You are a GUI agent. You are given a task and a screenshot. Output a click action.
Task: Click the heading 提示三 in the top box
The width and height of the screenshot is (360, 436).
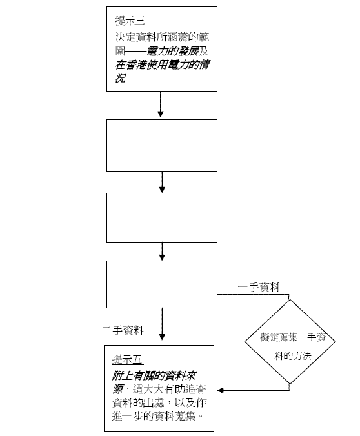pyautogui.click(x=131, y=21)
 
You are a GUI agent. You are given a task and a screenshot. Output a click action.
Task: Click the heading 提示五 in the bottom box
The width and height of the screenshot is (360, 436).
pyautogui.click(x=128, y=359)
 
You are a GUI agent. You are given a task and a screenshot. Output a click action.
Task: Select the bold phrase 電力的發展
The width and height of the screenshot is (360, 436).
pyautogui.click(x=173, y=51)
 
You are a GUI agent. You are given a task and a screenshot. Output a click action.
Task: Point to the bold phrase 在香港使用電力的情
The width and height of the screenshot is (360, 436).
pyautogui.click(x=163, y=64)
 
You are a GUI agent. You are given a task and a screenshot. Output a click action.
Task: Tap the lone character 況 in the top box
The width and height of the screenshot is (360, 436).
pyautogui.click(x=121, y=78)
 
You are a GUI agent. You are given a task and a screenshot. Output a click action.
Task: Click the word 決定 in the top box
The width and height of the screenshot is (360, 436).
pyautogui.click(x=125, y=37)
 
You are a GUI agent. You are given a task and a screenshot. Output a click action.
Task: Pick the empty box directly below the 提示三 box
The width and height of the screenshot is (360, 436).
pyautogui.click(x=162, y=145)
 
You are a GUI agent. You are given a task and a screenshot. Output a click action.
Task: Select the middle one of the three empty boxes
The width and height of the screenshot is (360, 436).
pyautogui.click(x=162, y=218)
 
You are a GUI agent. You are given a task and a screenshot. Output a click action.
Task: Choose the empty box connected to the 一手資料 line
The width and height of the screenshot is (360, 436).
pyautogui.click(x=162, y=284)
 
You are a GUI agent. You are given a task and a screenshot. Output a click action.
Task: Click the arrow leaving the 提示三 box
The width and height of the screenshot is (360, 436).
pyautogui.click(x=160, y=104)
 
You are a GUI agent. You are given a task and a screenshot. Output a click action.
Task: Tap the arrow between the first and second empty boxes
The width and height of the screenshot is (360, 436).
pyautogui.click(x=162, y=182)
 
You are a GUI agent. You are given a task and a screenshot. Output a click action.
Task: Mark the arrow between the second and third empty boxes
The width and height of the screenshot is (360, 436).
pyautogui.click(x=162, y=252)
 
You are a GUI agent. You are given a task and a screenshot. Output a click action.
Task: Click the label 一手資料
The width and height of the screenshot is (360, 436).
pyautogui.click(x=259, y=287)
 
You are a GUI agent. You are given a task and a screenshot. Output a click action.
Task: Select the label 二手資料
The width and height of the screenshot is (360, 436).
pyautogui.click(x=123, y=330)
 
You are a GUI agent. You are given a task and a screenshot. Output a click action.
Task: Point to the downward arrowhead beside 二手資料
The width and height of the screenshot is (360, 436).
pyautogui.click(x=162, y=337)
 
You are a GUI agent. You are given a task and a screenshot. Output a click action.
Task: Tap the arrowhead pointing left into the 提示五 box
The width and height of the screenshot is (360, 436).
pyautogui.click(x=221, y=390)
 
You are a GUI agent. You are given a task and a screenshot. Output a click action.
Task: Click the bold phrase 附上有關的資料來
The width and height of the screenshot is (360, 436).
pyautogui.click(x=154, y=376)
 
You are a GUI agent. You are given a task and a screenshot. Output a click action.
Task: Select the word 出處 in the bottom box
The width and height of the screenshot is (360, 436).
pyautogui.click(x=154, y=402)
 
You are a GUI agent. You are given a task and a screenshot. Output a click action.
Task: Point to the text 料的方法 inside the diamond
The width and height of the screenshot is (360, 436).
pyautogui.click(x=293, y=355)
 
